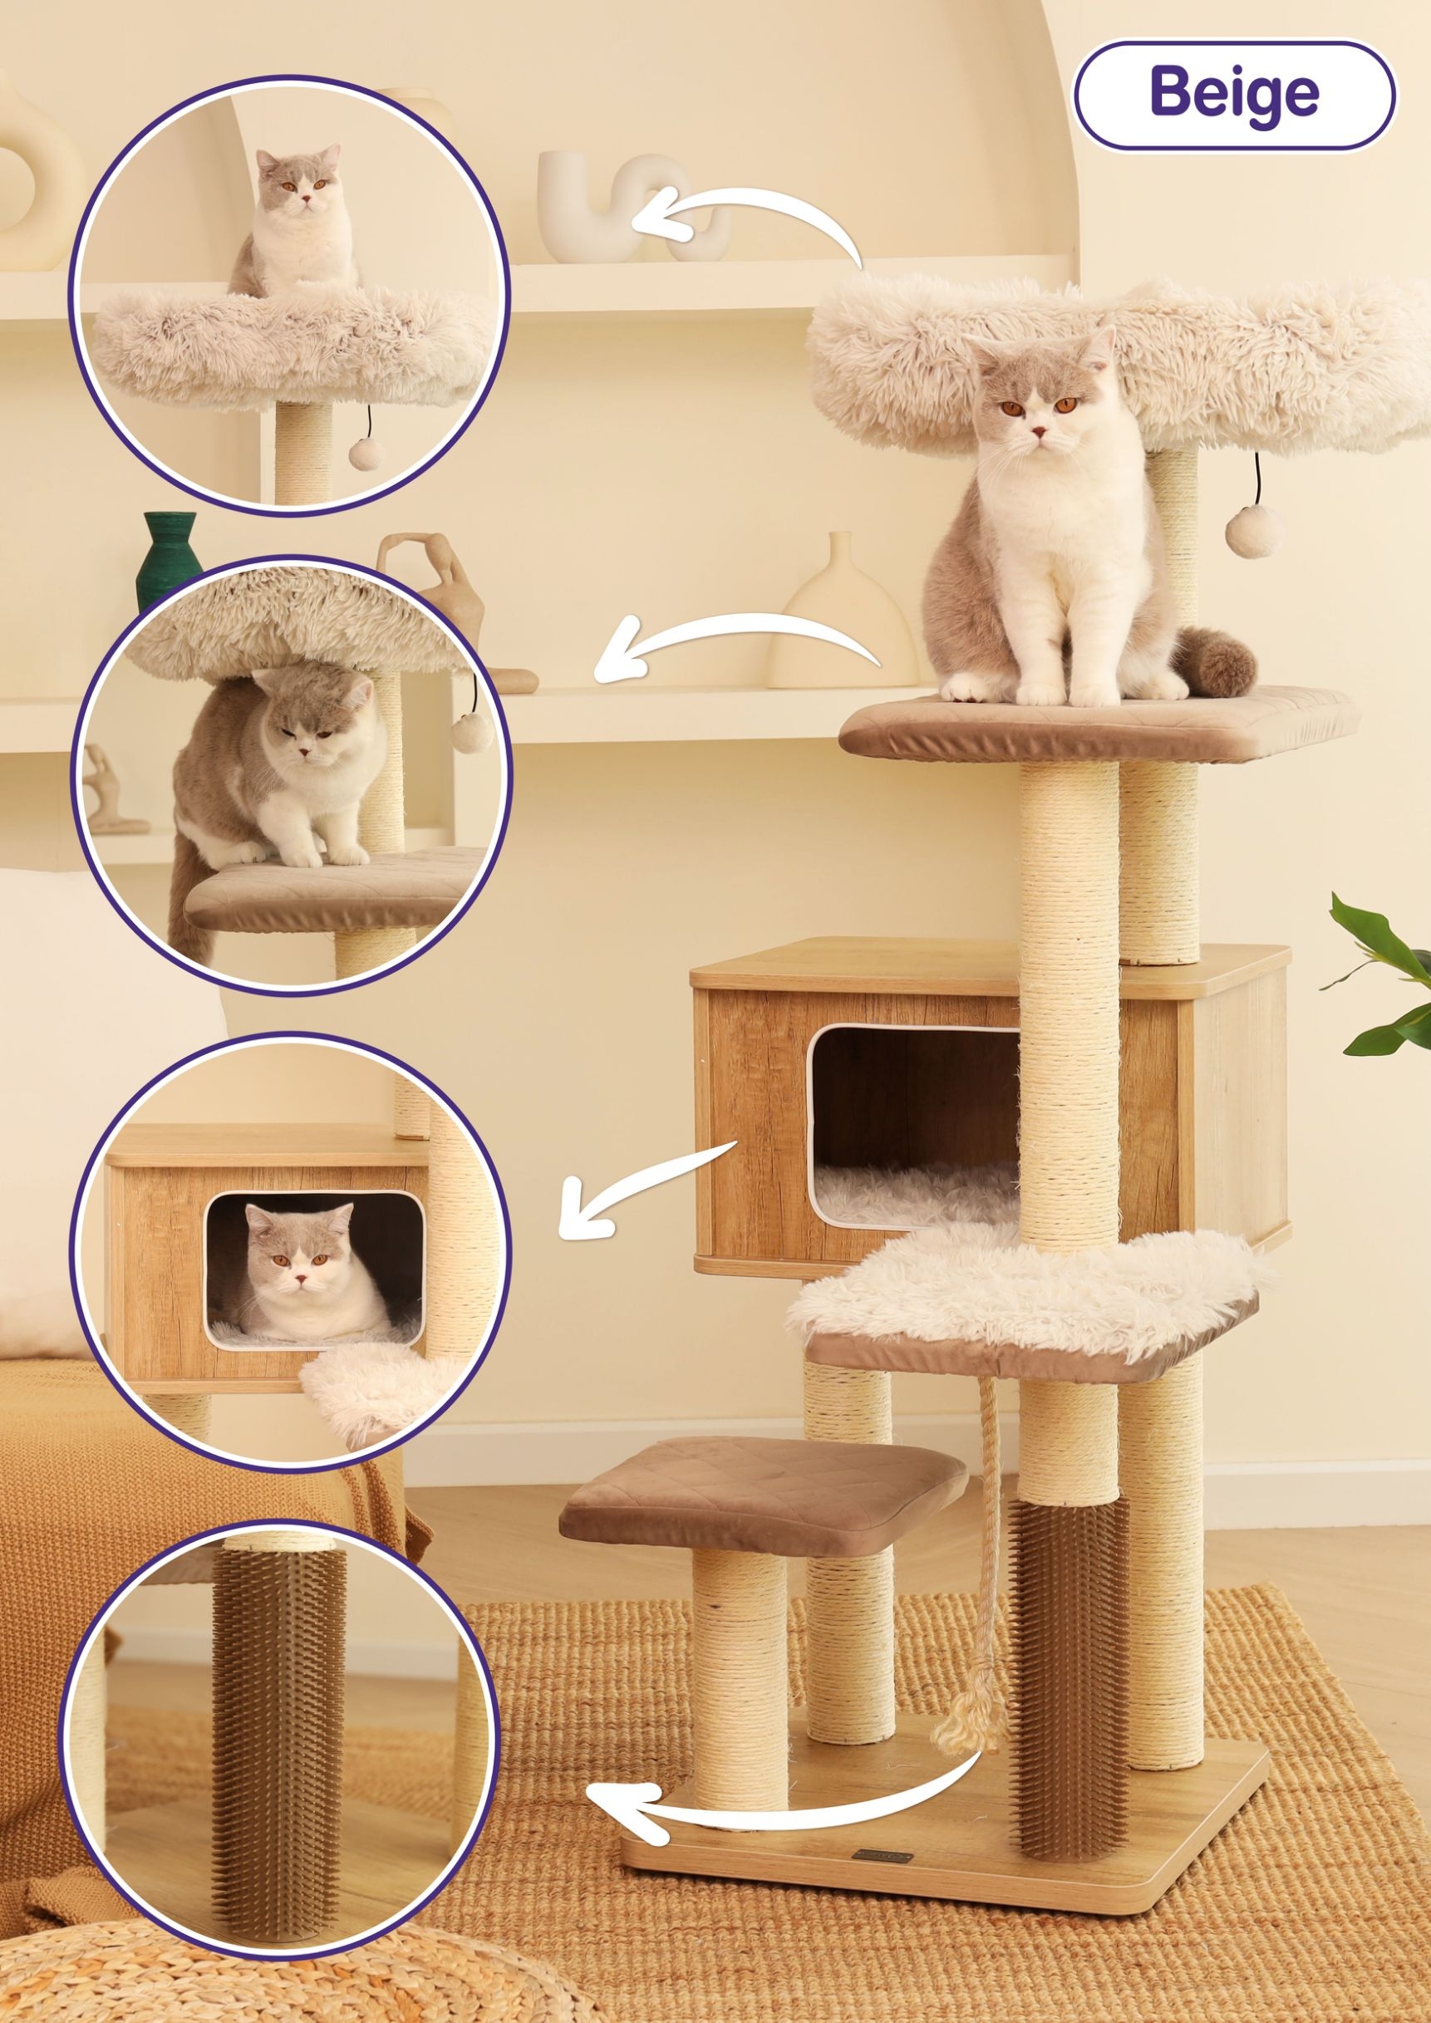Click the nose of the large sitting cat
click(x=1040, y=433)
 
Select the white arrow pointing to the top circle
click(x=749, y=216)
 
